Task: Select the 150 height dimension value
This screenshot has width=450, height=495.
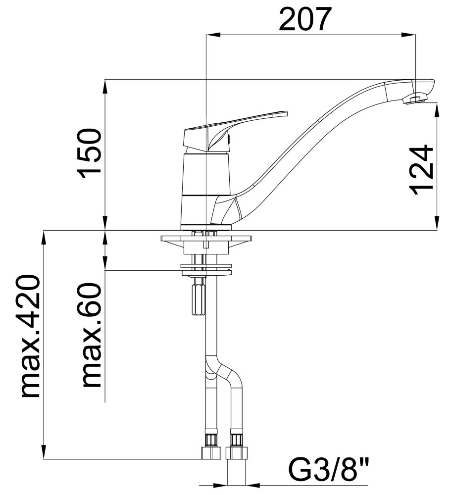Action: tap(90, 153)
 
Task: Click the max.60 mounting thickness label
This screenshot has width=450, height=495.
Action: tap(92, 335)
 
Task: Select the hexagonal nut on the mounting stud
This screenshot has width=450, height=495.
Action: tap(199, 299)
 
